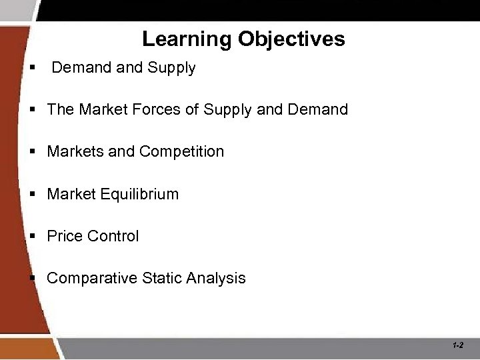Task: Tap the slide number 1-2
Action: point(457,345)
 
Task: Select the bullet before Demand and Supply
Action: point(32,68)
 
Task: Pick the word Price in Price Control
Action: point(65,237)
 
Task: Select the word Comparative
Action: point(92,279)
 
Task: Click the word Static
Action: point(162,279)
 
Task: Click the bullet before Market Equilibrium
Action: point(32,195)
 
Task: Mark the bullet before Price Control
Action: point(32,237)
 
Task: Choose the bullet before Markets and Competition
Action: point(32,152)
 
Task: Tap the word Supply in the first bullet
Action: point(173,68)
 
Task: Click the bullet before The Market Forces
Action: point(32,109)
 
